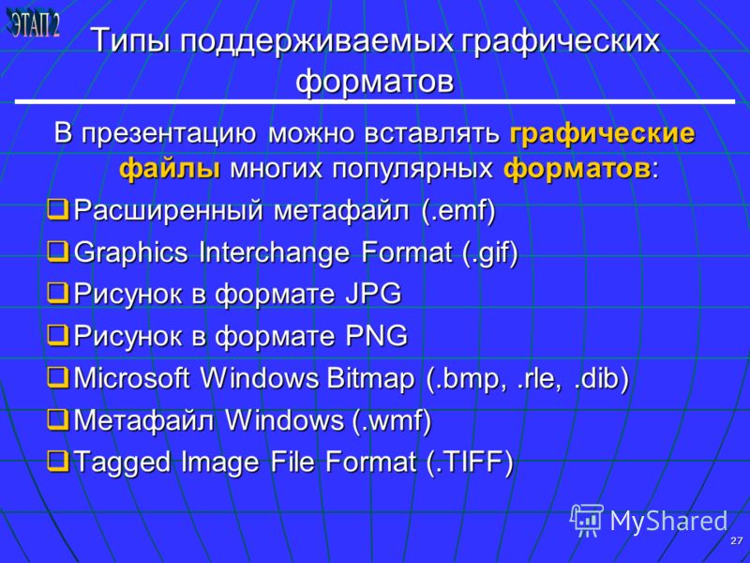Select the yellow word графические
point(602,133)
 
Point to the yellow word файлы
point(170,169)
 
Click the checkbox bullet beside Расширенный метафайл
point(59,209)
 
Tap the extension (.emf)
point(458,210)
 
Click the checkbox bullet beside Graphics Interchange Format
point(59,251)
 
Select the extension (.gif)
point(490,252)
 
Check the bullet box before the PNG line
point(59,335)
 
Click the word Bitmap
point(370,378)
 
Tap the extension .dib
point(601,378)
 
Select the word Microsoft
point(131,378)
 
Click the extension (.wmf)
point(392,420)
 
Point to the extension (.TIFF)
point(470,463)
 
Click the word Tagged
point(123,463)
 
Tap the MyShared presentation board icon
point(587,521)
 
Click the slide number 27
point(736,540)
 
